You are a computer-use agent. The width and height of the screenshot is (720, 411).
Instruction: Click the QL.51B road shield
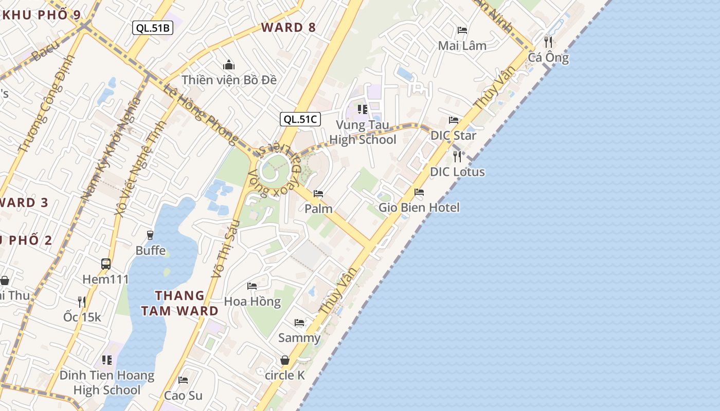click(153, 28)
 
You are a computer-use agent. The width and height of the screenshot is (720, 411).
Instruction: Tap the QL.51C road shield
click(300, 119)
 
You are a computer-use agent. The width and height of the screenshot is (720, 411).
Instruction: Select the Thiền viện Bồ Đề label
click(229, 80)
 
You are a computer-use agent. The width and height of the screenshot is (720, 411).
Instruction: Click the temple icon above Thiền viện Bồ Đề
click(229, 65)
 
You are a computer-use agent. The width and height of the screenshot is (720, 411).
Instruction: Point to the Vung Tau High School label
click(363, 133)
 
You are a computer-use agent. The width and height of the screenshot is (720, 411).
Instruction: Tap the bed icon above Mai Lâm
click(462, 30)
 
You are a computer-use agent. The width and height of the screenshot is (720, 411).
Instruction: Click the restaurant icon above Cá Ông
click(548, 42)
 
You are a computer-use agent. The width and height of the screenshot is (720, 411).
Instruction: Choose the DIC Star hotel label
click(453, 136)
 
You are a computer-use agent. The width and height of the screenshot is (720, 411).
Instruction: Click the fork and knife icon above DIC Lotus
click(457, 156)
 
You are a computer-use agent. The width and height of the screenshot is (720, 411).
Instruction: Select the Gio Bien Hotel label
click(419, 208)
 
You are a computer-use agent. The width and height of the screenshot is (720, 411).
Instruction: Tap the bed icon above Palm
click(318, 194)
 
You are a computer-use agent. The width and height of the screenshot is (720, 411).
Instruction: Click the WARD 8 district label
click(289, 27)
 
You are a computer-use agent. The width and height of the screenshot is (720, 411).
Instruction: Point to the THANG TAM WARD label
click(180, 303)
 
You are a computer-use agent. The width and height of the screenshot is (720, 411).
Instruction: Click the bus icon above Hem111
click(106, 264)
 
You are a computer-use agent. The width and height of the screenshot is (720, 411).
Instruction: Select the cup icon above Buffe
click(150, 235)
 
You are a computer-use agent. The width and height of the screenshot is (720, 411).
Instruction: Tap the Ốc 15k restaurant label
click(82, 317)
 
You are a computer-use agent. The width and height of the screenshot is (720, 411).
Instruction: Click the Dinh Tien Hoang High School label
click(107, 383)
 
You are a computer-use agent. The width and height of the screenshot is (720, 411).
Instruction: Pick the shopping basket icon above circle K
click(285, 361)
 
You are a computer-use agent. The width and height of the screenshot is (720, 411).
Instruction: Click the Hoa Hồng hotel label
click(253, 301)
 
